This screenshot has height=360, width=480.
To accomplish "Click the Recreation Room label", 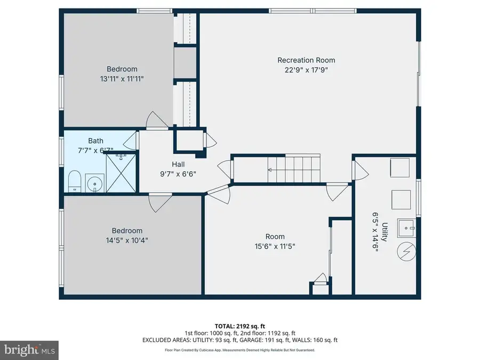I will pos(306,60).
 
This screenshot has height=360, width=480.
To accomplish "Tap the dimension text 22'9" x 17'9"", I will pos(306,69).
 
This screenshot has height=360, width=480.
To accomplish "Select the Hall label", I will pos(178,164).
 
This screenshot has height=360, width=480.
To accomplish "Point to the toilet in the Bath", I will pos(74,181).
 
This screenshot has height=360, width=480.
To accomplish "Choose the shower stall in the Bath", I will pos(120,171).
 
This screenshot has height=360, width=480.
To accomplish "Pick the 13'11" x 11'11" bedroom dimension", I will pos(122,78).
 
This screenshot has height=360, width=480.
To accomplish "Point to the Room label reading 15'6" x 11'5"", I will pos(275,237).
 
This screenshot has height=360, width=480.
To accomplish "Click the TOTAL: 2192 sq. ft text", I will pos(240,325).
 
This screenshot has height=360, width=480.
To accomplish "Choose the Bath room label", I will pos(96,141).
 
